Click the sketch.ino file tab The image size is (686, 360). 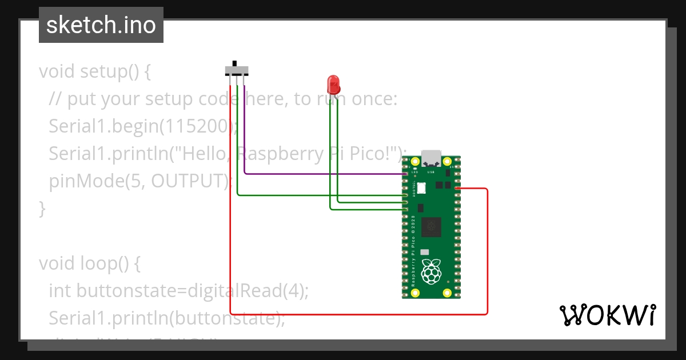pos(101,25)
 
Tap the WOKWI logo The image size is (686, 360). pos(607,315)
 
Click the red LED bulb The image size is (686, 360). pos(333,85)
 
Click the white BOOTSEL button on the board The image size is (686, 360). pos(421,187)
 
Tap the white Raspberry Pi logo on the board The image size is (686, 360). pos(431,272)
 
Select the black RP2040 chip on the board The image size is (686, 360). pos(431,227)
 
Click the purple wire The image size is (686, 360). pos(320,173)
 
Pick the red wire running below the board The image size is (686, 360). pos(354,314)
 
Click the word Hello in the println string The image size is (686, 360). pos(208,154)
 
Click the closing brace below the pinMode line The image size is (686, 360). pos(42,209)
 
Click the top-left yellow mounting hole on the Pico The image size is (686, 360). pos(416,162)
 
